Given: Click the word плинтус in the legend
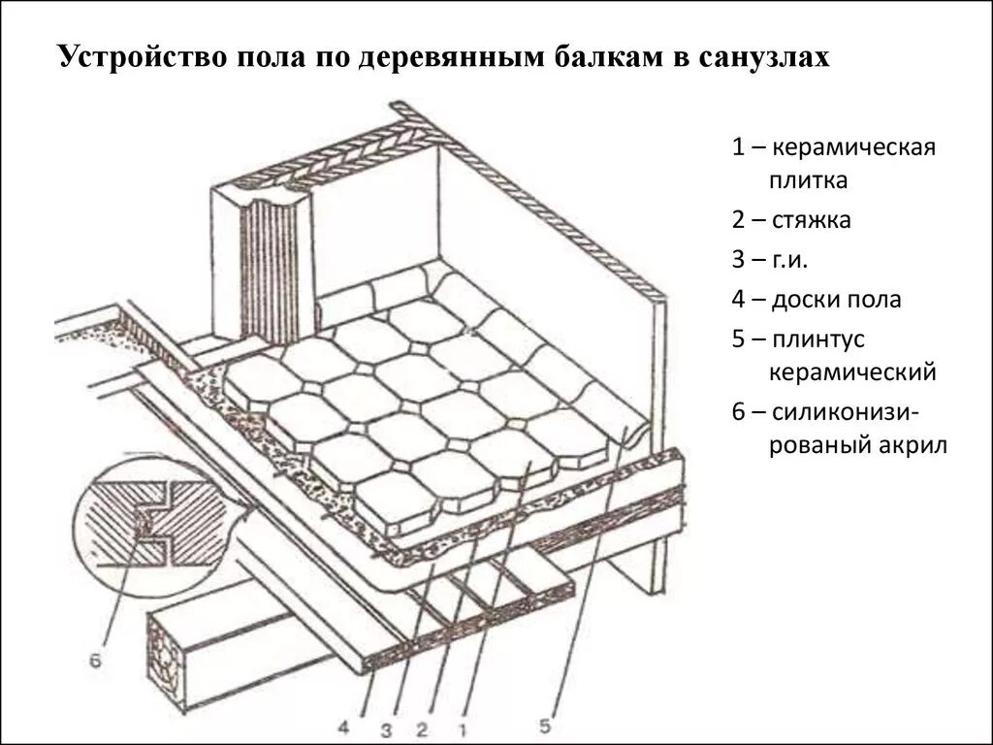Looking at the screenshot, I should [x=817, y=340].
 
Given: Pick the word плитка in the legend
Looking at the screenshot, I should [x=808, y=179].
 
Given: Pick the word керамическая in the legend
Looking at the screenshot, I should [x=853, y=149].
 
